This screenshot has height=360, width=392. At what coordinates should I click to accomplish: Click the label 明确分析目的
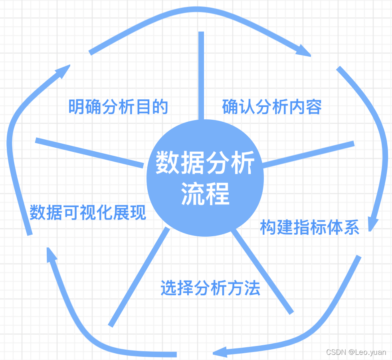pyautogui.click(x=118, y=107)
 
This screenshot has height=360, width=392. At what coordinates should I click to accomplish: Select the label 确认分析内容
pyautogui.click(x=272, y=107)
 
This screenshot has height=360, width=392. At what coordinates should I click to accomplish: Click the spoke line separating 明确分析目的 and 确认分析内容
pyautogui.click(x=201, y=76)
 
